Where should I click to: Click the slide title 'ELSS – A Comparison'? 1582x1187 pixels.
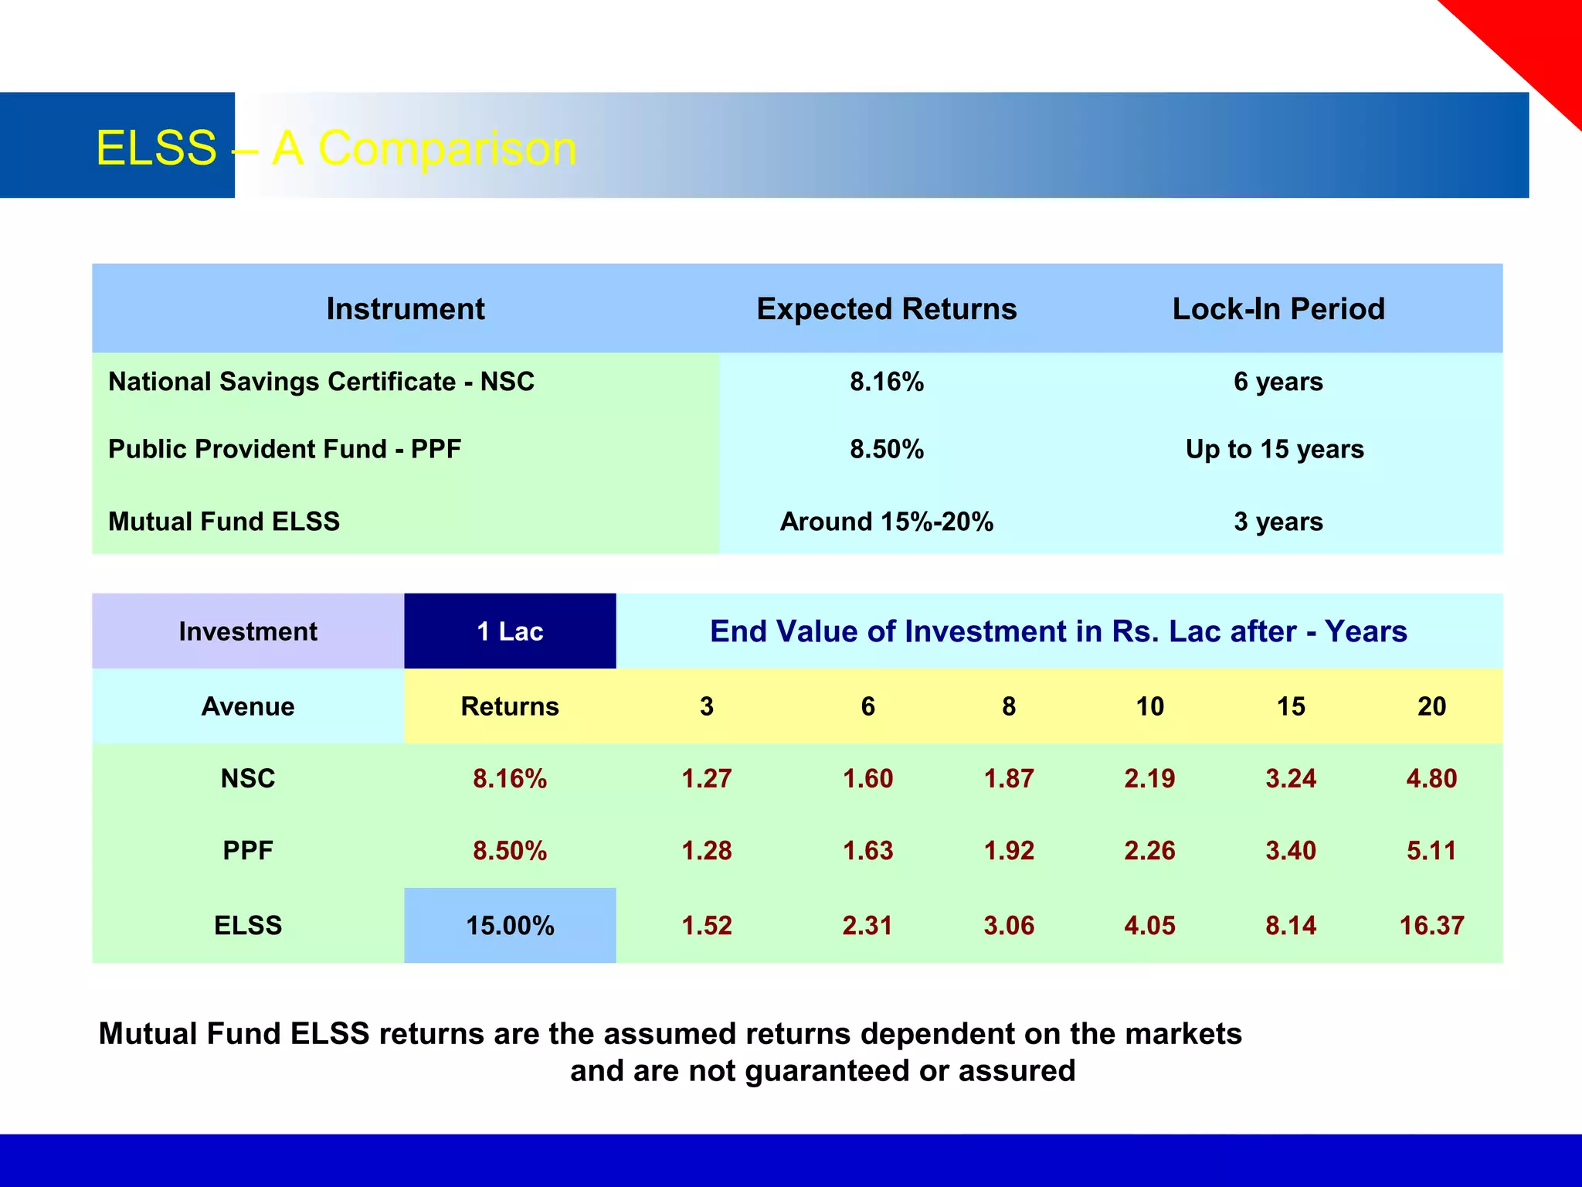(x=336, y=148)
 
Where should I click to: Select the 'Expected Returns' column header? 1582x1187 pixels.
(x=886, y=309)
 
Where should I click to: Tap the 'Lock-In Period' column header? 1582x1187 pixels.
(x=1278, y=309)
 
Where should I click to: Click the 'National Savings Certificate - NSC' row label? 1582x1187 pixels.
(x=321, y=382)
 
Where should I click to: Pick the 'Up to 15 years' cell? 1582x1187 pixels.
(x=1275, y=449)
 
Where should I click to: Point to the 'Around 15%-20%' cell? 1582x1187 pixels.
(x=886, y=522)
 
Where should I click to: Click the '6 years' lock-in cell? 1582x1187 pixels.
(x=1278, y=382)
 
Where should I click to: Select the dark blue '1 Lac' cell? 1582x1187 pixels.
(x=510, y=631)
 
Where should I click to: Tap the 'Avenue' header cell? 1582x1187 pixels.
(x=248, y=706)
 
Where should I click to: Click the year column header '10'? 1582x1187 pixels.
(x=1149, y=706)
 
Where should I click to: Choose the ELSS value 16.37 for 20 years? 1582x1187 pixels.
(x=1431, y=925)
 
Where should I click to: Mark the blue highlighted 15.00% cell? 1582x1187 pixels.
(x=510, y=925)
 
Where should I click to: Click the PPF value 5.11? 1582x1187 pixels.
(x=1431, y=851)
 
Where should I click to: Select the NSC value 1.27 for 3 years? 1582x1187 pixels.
(x=706, y=778)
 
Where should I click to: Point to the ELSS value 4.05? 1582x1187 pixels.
(x=1149, y=925)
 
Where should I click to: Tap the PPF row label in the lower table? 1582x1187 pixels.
(x=248, y=851)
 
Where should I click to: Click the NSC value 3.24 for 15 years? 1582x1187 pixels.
(x=1291, y=778)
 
